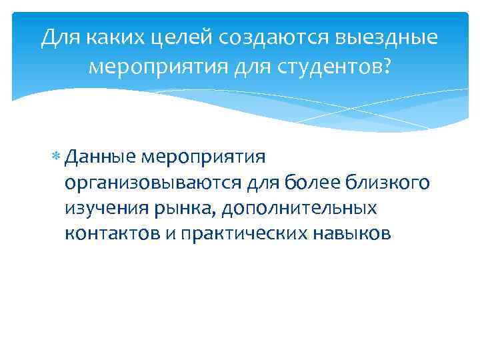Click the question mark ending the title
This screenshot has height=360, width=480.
tap(385, 67)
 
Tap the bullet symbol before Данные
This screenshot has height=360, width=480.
tap(56, 157)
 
